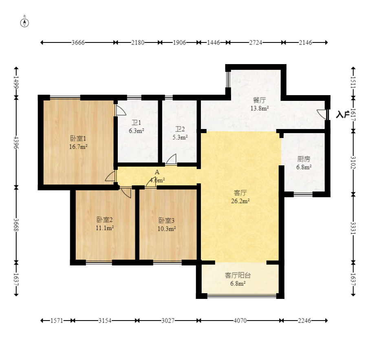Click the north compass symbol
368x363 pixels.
[24, 23]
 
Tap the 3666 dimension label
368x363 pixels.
[78, 42]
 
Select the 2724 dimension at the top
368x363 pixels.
[256, 42]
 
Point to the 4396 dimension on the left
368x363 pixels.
[16, 142]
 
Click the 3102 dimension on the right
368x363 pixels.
[353, 163]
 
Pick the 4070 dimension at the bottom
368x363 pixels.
[240, 321]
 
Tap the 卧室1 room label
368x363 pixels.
[78, 138]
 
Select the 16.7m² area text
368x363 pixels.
[78, 147]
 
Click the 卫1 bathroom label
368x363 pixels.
[137, 122]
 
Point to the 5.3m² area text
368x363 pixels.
[180, 137]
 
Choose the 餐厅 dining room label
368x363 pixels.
[260, 100]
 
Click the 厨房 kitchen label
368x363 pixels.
[304, 159]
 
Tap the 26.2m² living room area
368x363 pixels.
[240, 201]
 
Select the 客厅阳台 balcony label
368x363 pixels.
[238, 275]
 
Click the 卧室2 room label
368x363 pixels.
[105, 220]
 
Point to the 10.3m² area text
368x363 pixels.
[167, 229]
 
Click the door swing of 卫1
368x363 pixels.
[121, 110]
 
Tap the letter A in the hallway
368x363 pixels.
[157, 172]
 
